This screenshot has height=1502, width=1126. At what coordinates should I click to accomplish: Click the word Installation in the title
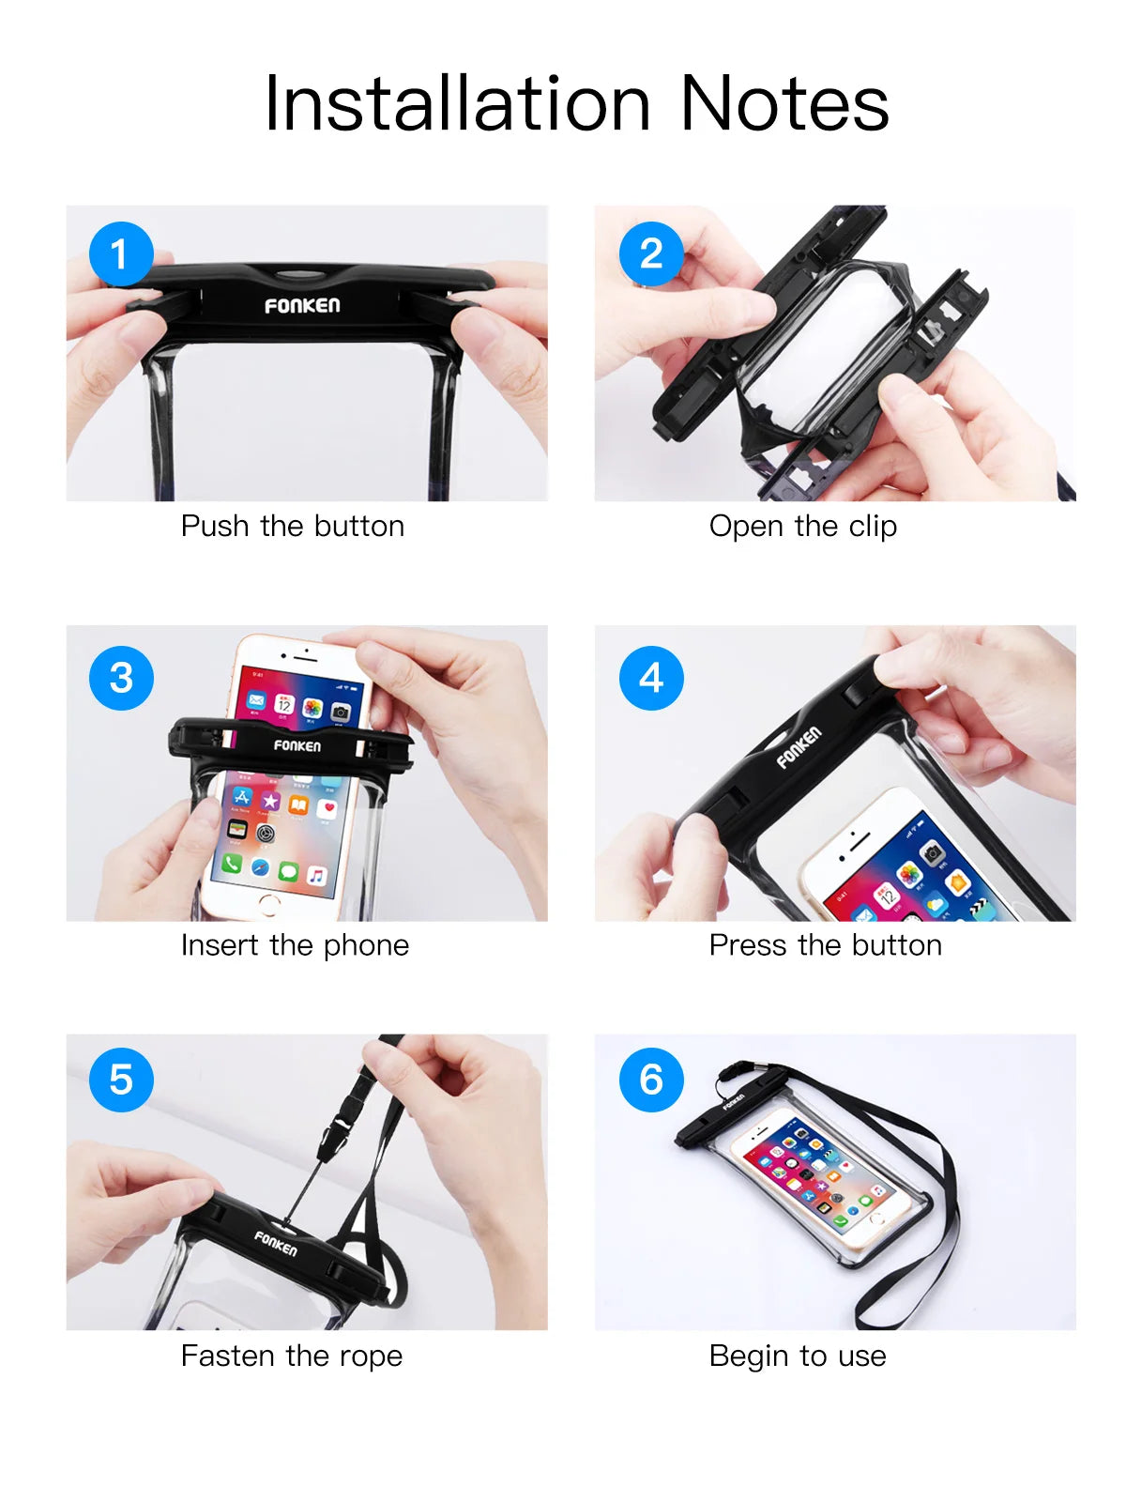coord(457,103)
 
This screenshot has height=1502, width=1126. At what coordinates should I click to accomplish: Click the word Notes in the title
coord(784,103)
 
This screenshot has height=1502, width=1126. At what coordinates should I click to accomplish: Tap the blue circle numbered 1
coord(121,253)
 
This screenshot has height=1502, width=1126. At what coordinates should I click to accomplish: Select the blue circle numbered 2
coord(651,253)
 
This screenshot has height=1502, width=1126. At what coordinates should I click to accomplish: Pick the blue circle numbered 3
coord(121,678)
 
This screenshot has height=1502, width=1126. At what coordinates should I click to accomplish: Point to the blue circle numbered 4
coord(651,678)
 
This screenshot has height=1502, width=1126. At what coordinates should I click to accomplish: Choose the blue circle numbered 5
coord(121,1080)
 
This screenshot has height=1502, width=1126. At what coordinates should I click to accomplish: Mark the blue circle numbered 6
coord(651,1080)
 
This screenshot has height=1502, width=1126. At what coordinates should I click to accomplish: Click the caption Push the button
coord(292,526)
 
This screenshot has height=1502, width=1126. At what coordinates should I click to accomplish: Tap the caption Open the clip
coord(802,526)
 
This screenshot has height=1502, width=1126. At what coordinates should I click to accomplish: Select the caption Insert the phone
coord(295,944)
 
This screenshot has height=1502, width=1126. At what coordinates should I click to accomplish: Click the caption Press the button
coord(825,944)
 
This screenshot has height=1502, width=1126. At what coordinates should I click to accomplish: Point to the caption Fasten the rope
coord(291,1356)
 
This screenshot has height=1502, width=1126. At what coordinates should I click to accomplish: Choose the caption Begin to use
coord(797,1356)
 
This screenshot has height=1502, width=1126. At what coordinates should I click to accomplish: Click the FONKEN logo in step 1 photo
coord(302,305)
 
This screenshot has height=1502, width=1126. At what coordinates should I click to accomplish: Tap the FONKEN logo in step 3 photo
coord(297,745)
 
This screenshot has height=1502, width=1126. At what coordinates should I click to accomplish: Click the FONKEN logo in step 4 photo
coord(799,746)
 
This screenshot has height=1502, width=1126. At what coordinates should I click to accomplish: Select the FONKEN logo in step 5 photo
coord(276,1243)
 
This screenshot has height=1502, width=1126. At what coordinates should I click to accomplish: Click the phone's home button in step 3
coord(269,904)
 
